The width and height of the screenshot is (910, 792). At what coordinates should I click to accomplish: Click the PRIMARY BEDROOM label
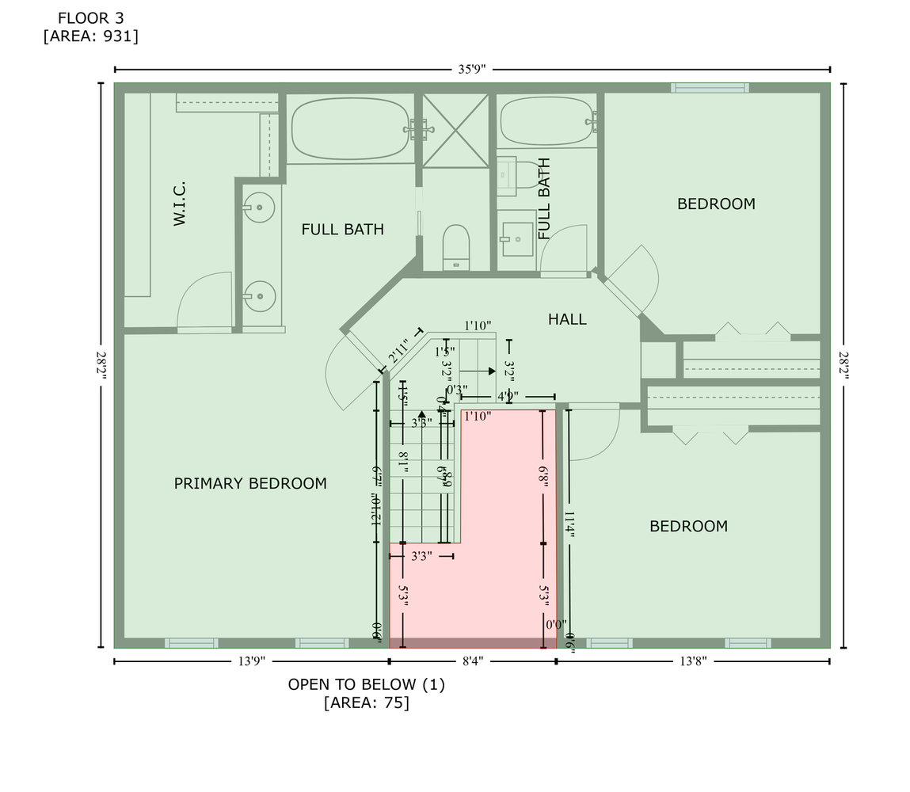(x=250, y=483)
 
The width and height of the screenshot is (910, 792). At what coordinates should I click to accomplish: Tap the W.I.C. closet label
(x=180, y=203)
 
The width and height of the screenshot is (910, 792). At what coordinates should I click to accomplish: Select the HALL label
(x=567, y=319)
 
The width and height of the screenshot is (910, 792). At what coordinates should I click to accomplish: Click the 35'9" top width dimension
(x=472, y=69)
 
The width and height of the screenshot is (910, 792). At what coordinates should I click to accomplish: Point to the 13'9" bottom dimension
(x=251, y=661)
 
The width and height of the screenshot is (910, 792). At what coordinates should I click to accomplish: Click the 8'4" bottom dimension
(x=472, y=661)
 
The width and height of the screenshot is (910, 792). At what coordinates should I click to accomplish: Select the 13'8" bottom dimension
(x=692, y=661)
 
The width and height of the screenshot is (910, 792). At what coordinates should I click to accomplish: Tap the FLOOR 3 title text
(x=90, y=17)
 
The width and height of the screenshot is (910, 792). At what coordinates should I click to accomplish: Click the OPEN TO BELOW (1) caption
(x=366, y=684)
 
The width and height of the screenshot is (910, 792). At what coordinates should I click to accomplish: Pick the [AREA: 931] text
(x=90, y=36)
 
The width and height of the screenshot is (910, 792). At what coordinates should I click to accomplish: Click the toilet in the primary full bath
(x=456, y=246)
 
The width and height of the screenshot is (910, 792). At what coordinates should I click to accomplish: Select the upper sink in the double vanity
(x=259, y=208)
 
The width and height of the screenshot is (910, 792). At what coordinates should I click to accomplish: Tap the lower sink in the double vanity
(x=259, y=297)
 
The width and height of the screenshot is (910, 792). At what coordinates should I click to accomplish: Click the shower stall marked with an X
(x=455, y=130)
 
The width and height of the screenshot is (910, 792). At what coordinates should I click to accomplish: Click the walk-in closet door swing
(x=204, y=301)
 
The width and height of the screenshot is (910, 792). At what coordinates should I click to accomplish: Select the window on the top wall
(x=710, y=88)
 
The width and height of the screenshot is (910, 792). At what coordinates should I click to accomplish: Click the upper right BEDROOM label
(x=716, y=204)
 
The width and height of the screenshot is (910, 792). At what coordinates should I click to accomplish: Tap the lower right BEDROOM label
(x=688, y=526)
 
